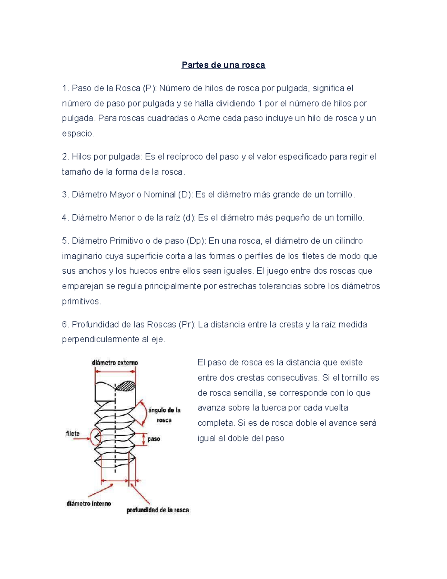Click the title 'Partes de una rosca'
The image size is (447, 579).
coord(223,65)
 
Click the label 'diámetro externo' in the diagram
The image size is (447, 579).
coord(115,362)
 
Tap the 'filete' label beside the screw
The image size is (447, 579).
coord(73,434)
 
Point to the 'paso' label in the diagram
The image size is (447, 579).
coord(153,439)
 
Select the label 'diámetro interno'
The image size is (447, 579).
coord(89,504)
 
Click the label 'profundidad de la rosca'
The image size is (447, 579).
coord(158,510)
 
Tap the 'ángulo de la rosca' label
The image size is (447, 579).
coord(164,415)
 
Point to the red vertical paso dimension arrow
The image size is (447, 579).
coord(143,439)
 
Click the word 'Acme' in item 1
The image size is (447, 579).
coord(209,119)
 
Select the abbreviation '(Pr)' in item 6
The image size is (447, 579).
coord(187,325)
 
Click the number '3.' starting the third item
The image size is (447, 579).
coord(66,195)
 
